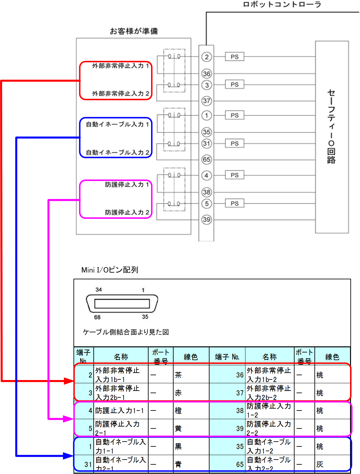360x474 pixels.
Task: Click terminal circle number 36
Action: [207, 74]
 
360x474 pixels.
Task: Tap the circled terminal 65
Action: [207, 159]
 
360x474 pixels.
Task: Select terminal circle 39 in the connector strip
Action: [207, 220]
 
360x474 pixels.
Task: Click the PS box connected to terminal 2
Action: [235, 57]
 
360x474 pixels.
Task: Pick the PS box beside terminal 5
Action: [235, 203]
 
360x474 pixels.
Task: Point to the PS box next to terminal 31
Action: [235, 143]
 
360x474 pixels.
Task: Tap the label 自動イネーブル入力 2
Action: [117, 152]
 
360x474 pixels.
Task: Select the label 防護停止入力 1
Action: [127, 184]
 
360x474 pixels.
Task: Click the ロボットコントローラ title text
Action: [282, 4]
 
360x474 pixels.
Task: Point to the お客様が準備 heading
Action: [134, 31]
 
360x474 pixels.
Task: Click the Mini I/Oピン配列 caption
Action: [110, 270]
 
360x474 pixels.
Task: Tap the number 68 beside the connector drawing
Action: [97, 317]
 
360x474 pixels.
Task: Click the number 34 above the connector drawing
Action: [99, 290]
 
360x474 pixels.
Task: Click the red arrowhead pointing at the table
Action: [69, 381]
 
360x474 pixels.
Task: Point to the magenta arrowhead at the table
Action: [69, 419]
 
